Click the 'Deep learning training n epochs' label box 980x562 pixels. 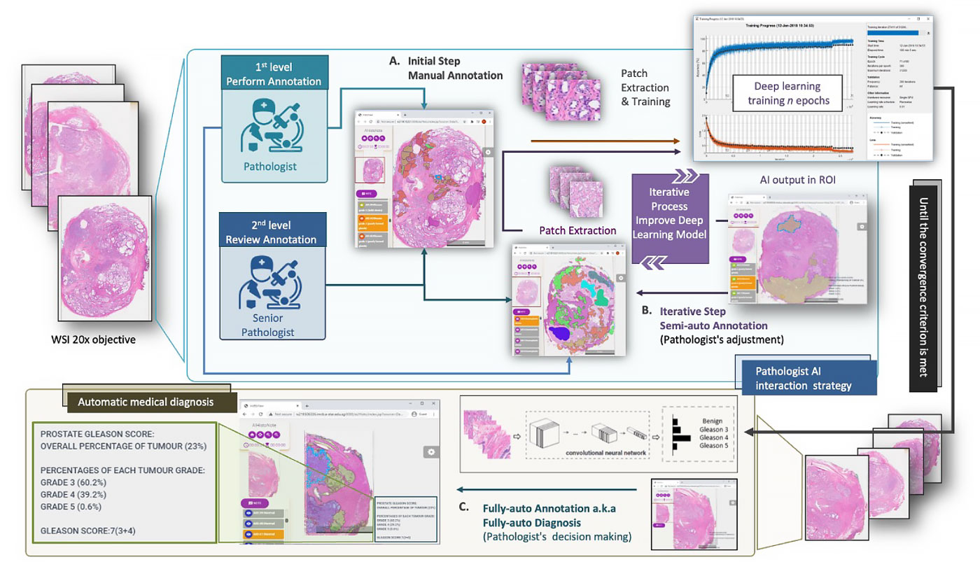pos(787,92)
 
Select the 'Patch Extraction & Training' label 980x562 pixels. pos(645,87)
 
